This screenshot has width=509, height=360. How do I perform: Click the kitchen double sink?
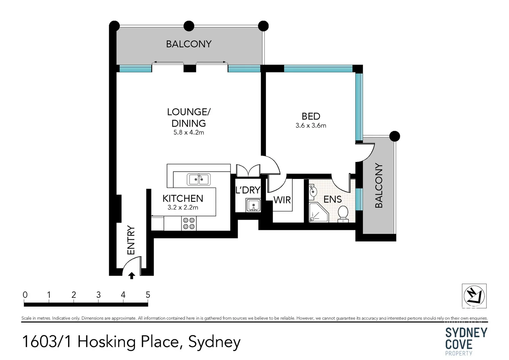coord(199,179)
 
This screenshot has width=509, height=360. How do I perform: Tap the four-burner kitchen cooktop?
coord(189,223)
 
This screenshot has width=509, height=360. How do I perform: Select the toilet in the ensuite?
coord(343,214)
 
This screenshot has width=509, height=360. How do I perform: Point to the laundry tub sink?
coord(253,205)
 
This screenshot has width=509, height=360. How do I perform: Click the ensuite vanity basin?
coord(313,191)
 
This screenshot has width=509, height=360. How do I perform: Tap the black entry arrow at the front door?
coord(132,275)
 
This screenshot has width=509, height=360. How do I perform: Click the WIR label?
coord(282,200)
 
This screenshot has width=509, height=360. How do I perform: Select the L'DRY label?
coord(248,190)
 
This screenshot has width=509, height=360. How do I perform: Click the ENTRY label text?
coord(131,240)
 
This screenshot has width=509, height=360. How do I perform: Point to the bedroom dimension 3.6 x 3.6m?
coord(311,126)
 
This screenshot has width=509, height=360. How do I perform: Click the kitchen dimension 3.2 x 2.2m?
coord(183,207)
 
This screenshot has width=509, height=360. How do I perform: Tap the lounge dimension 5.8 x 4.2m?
coord(189,132)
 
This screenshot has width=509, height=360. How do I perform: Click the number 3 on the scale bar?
coord(98,295)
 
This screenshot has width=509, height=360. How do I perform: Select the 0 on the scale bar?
coord(25,295)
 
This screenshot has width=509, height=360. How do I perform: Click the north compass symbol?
coord(474,296)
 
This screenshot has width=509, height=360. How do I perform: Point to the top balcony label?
coord(189,44)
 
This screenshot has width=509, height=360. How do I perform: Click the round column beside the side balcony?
coord(395,136)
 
